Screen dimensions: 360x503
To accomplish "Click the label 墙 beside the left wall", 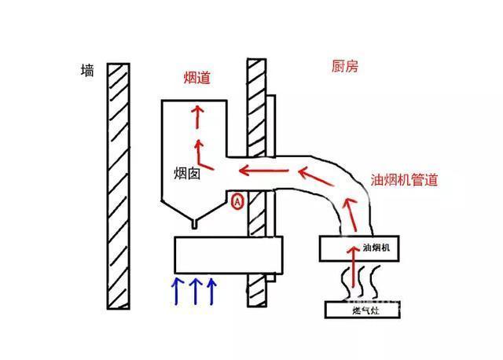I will click(x=87, y=72).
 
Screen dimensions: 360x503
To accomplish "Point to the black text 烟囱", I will click(x=188, y=173).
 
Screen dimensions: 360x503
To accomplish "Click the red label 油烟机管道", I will click(x=403, y=179).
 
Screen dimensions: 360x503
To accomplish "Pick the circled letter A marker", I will click(x=238, y=201).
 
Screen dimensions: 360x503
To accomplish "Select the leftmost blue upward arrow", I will click(x=176, y=290).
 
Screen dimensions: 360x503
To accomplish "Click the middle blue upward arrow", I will click(x=193, y=290).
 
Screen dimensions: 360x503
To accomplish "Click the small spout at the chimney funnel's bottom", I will click(x=194, y=225).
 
